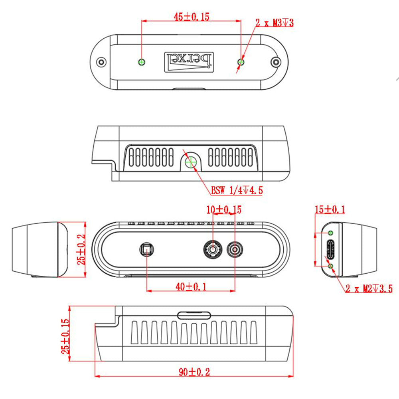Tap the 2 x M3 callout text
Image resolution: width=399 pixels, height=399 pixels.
click(275, 23)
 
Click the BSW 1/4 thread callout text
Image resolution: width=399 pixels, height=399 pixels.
click(237, 190)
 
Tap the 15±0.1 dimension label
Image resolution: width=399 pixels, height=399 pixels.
click(330, 209)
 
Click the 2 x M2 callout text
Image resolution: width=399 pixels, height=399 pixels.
click(369, 288)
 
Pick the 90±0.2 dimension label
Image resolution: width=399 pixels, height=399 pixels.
click(194, 372)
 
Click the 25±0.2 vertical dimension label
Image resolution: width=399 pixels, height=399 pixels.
click(81, 250)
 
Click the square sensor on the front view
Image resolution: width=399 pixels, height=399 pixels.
click(147, 250)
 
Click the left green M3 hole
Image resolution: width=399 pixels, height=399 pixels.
click(142, 62)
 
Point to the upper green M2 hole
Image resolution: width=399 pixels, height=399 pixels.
click(330, 233)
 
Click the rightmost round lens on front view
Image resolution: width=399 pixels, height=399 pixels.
click(235, 250)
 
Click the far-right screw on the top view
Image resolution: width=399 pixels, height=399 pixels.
click(275, 62)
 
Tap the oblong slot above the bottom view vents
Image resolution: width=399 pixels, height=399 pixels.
click(194, 315)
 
